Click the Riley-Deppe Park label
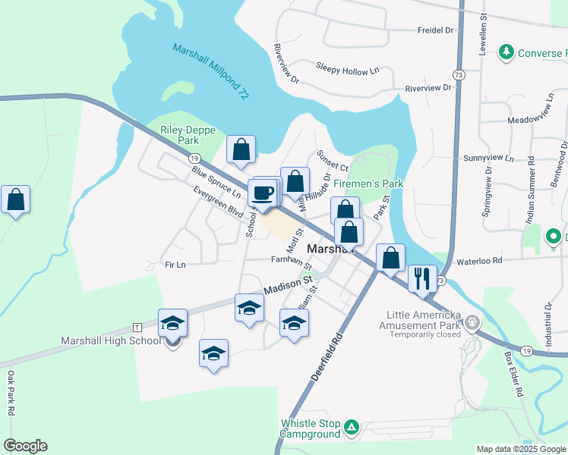(x=179, y=135)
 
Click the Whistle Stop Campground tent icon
(x=352, y=428)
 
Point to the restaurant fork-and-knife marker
(x=421, y=278)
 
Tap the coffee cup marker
(x=263, y=193)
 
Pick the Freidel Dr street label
(x=435, y=30)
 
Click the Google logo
(x=25, y=446)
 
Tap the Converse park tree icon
(x=506, y=52)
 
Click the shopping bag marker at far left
(x=15, y=200)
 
